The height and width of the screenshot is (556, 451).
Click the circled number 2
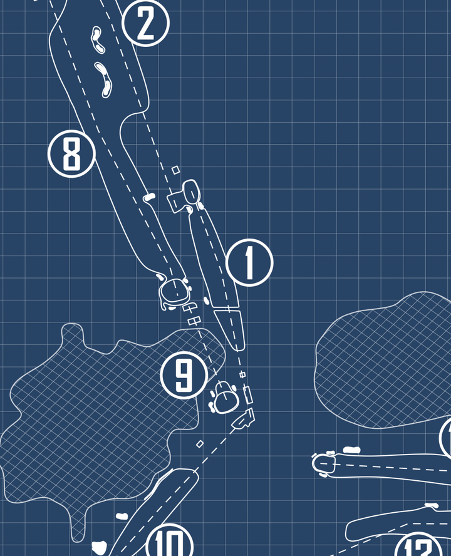tap(145, 23)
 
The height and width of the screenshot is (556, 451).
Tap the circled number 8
tap(71, 153)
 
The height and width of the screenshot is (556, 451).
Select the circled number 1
tap(249, 262)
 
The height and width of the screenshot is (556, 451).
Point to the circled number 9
tap(184, 375)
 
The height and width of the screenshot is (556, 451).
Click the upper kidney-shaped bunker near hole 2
tap(97, 38)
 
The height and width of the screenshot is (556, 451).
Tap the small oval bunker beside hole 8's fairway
tap(149, 197)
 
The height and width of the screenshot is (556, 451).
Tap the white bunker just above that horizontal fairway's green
tap(352, 449)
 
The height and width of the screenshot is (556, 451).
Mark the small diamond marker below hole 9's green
tap(200, 444)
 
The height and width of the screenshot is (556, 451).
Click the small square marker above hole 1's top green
tap(176, 169)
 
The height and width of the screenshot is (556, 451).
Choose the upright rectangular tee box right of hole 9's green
tap(248, 394)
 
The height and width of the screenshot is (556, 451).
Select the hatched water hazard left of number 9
tap(94, 413)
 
